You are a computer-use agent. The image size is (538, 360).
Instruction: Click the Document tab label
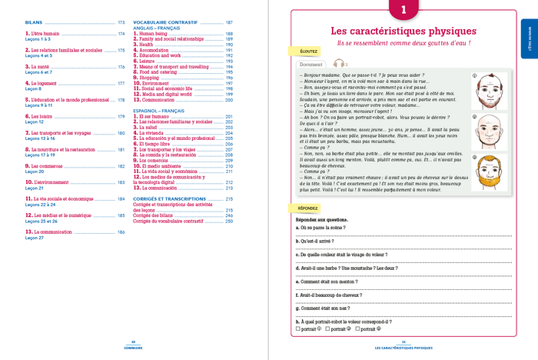(311, 65)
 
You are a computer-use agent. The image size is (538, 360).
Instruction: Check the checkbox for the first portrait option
(297, 328)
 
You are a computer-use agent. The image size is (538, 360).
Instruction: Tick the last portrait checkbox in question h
(357, 328)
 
